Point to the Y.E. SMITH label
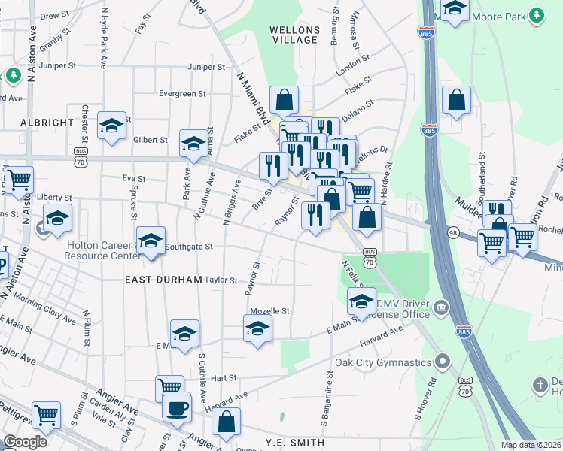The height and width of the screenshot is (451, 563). [x=295, y=443]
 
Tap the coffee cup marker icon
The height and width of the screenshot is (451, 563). [x=177, y=408]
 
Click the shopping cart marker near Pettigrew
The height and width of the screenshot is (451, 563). [x=46, y=413]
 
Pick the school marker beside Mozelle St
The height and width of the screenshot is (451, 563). [x=257, y=328]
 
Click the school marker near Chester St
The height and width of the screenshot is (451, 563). [x=111, y=125]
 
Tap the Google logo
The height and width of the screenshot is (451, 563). [x=25, y=441]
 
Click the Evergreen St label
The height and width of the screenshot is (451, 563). [x=182, y=94]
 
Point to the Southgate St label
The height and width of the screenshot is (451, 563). [x=189, y=246]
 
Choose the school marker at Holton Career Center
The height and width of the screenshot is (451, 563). [x=151, y=241]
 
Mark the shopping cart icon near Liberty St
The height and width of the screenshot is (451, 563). [x=19, y=180]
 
